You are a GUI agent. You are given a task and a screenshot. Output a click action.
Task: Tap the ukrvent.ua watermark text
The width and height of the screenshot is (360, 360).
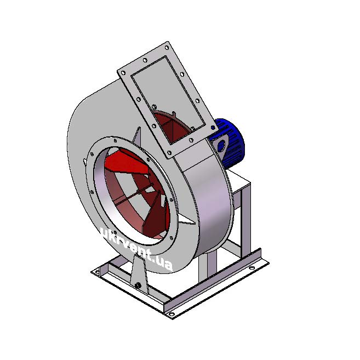pos(137,249)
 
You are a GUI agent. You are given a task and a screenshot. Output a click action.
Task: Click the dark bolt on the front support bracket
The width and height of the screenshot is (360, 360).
pos(138,285)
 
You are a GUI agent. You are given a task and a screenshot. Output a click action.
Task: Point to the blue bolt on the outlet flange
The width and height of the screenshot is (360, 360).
pos(213,128)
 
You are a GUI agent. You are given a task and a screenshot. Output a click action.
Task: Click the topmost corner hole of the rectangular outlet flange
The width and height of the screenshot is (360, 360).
pos(167,48)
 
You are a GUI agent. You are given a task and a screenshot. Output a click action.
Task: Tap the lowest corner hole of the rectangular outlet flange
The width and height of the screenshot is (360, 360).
pos(169,153)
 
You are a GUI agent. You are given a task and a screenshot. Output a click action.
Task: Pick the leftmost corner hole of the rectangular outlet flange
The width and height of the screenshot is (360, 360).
pos(123,73)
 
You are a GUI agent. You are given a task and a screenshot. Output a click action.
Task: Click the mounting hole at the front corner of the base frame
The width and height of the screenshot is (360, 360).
pos(172,314)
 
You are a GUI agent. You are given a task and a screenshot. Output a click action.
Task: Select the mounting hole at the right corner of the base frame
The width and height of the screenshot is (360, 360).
pos(252,268)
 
